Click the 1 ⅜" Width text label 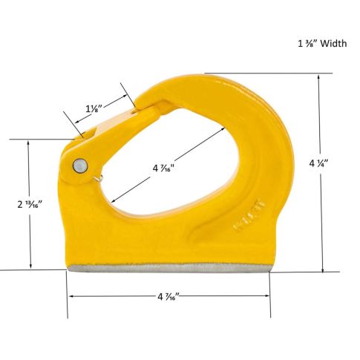(x=322, y=44)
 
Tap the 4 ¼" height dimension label (x=318, y=163)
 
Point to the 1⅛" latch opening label (x=94, y=109)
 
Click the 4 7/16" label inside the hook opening (x=164, y=168)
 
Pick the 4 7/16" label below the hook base (x=168, y=296)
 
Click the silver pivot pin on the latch (x=80, y=165)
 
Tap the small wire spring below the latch (x=99, y=178)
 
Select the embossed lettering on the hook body (x=249, y=215)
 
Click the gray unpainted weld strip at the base (x=169, y=267)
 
